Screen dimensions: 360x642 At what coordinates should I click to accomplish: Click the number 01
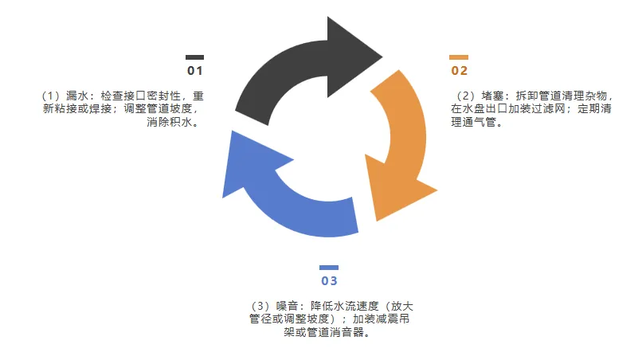pyautogui.click(x=195, y=71)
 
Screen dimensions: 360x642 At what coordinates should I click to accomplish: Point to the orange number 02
pyautogui.click(x=460, y=70)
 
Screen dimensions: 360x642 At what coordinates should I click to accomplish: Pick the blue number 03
pyautogui.click(x=329, y=281)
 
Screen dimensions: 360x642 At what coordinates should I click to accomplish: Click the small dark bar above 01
pyautogui.click(x=194, y=57)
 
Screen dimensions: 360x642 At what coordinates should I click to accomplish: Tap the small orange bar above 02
pyautogui.click(x=458, y=57)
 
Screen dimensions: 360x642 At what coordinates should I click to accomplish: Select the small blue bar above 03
pyautogui.click(x=329, y=268)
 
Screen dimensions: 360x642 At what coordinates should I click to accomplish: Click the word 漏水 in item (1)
pyautogui.click(x=76, y=96)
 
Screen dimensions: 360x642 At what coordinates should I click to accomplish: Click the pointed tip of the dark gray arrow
pyautogui.click(x=382, y=55)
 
